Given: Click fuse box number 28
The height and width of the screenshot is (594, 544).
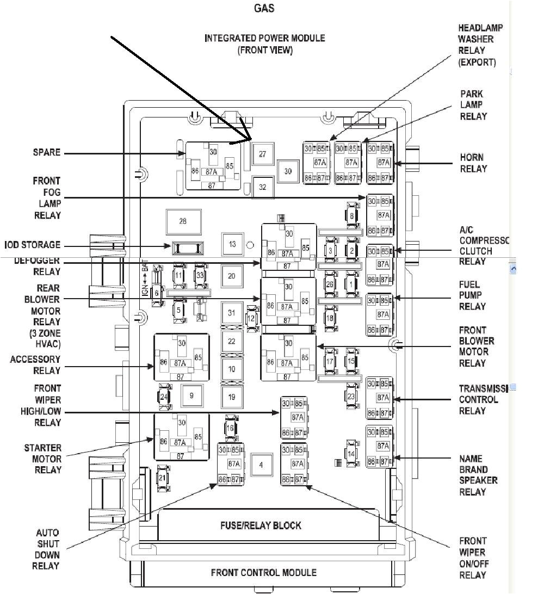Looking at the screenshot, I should [x=183, y=221].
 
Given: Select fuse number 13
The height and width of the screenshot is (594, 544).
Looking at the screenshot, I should [x=232, y=244].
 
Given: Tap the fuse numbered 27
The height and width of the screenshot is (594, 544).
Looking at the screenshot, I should [x=262, y=154].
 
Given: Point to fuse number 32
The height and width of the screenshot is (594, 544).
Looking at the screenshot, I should [x=262, y=187].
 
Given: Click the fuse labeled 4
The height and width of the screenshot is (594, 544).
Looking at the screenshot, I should [x=261, y=465].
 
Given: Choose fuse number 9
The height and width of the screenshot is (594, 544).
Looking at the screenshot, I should [x=191, y=396].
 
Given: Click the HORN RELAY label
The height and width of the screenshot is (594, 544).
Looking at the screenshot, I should [x=473, y=163].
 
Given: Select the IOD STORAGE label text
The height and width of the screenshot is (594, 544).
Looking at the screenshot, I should [x=33, y=245].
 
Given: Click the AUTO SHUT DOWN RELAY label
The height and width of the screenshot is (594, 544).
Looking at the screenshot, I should [x=48, y=549].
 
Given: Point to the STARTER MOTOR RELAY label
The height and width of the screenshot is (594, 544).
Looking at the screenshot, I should [x=43, y=459].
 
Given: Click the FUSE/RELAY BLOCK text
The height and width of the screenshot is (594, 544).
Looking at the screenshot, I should [x=261, y=525].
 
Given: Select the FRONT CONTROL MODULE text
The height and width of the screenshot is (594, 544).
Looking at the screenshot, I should [x=264, y=572].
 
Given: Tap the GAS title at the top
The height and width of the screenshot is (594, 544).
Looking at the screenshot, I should [x=264, y=8].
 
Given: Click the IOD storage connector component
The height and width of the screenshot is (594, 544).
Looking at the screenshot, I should [x=188, y=248].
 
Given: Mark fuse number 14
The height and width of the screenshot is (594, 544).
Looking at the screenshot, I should [x=351, y=454].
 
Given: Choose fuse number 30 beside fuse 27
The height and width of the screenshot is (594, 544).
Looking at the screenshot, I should [x=288, y=171].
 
